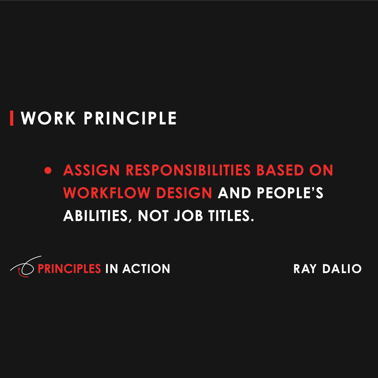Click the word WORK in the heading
(48, 118)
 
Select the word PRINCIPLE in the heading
(130, 118)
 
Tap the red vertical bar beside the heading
(12, 118)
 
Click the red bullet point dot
(48, 171)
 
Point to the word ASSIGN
(91, 170)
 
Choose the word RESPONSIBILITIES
(188, 170)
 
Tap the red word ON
(321, 170)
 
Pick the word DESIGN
(184, 193)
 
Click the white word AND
(234, 193)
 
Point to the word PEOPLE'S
(290, 193)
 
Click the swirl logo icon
(25, 267)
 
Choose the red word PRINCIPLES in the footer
(69, 269)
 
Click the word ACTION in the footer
(146, 269)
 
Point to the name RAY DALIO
(327, 269)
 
